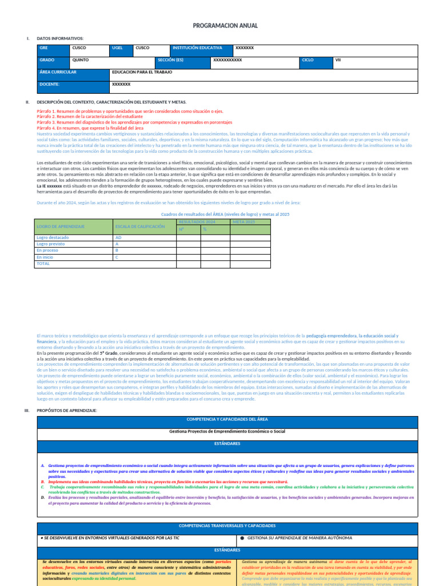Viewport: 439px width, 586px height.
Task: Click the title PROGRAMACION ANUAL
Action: (x=225, y=26)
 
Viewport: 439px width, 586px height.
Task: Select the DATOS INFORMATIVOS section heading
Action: (x=59, y=38)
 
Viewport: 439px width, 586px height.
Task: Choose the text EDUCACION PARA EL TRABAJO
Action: (x=142, y=72)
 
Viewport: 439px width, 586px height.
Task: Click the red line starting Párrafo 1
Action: (x=130, y=111)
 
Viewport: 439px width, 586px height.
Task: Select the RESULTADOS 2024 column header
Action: (x=197, y=221)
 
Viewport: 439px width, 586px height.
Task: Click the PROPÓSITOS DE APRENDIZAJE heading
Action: (x=67, y=410)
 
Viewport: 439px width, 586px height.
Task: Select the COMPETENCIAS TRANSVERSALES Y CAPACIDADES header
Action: (x=228, y=525)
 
